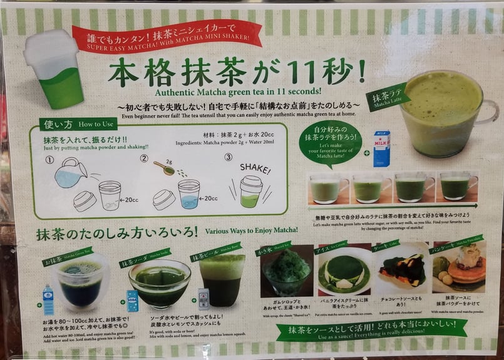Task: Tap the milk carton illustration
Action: click(x=381, y=148)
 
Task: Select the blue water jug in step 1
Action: click(x=70, y=172)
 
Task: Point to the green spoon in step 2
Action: click(x=165, y=168)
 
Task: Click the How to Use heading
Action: click(x=76, y=125)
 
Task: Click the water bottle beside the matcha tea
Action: click(x=48, y=299)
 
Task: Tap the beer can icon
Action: click(x=203, y=299)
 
